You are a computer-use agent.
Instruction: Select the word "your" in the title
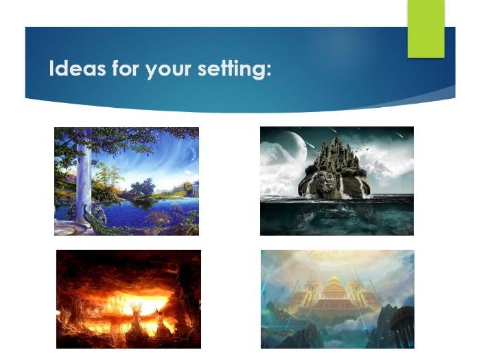point(164,70)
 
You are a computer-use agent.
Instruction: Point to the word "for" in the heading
point(125,69)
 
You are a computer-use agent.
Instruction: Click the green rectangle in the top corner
point(425,28)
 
